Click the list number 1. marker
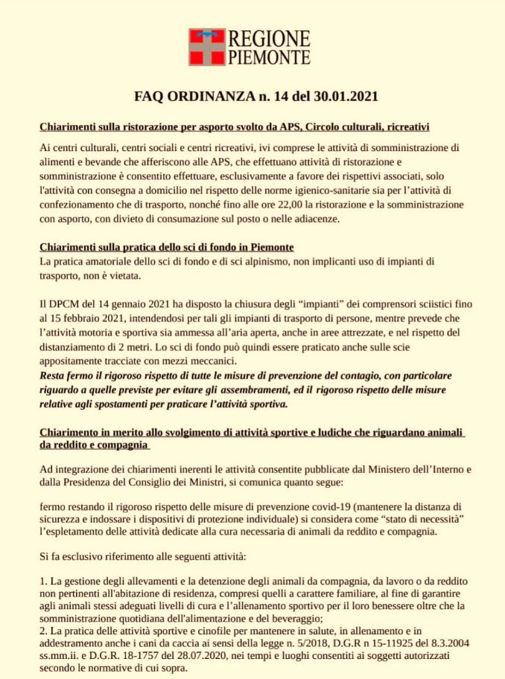pyautogui.click(x=42, y=579)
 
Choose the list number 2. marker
pyautogui.click(x=42, y=633)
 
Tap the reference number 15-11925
pyautogui.click(x=377, y=646)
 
